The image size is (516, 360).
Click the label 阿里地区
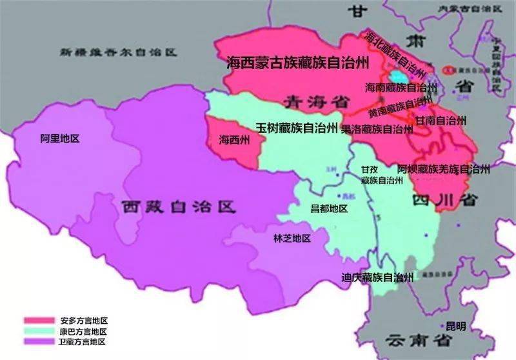click(x=59, y=139)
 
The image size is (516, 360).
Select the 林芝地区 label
click(x=292, y=239)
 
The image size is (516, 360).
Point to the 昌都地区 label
click(x=329, y=208)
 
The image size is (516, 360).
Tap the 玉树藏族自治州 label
click(x=297, y=128)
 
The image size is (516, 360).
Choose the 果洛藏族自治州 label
click(x=377, y=129)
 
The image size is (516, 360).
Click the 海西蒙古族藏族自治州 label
click(x=298, y=63)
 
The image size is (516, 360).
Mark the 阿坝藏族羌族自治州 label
click(x=444, y=169)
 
